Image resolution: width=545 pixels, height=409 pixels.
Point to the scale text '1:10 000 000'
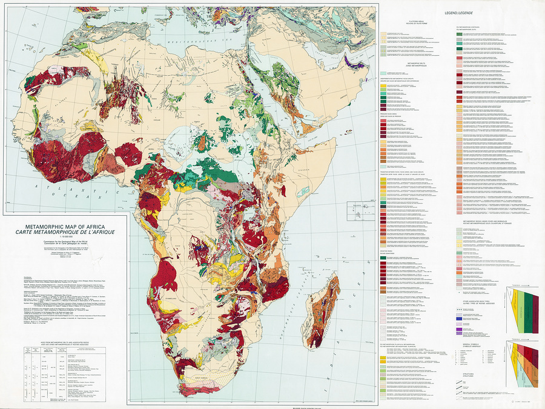pyautogui.click(x=64, y=237)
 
